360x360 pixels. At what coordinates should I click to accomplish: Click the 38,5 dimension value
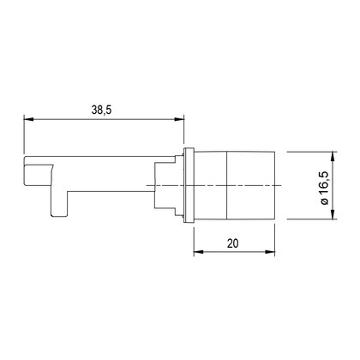(101, 110)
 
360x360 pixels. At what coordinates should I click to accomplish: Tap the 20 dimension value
(232, 243)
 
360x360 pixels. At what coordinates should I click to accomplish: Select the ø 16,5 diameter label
(325, 189)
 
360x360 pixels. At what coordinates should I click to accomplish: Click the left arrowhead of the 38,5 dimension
(28, 119)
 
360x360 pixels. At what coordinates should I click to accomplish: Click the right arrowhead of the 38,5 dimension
(179, 119)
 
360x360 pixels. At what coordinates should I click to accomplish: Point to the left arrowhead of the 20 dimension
(198, 252)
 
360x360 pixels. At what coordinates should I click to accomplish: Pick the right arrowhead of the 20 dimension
(270, 252)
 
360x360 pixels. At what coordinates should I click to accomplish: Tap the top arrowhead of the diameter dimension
(333, 157)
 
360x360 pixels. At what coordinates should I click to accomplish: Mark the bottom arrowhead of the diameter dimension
(333, 215)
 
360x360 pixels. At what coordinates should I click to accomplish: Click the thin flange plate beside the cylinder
(189, 185)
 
